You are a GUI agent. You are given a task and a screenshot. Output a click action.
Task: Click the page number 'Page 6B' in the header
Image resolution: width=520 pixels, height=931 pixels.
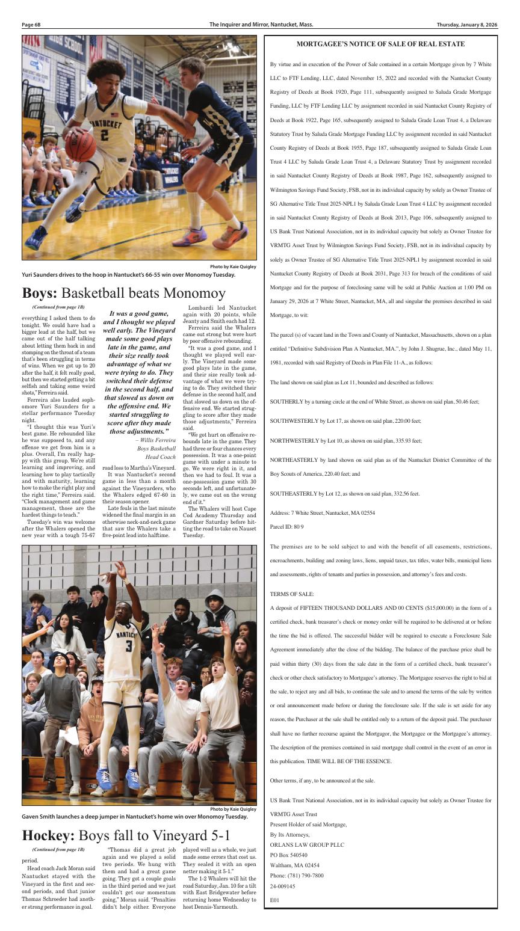[x=31, y=25]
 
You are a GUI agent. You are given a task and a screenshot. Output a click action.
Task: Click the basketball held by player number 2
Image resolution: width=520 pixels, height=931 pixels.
[x=79, y=146]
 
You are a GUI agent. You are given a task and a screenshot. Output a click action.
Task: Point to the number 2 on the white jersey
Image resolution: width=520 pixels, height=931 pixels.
[x=104, y=136]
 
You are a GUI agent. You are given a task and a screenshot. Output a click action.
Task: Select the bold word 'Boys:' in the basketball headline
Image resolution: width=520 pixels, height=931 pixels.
[x=40, y=293]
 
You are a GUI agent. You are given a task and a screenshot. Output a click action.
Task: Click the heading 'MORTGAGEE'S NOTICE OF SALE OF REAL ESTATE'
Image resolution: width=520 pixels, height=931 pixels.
[x=380, y=44]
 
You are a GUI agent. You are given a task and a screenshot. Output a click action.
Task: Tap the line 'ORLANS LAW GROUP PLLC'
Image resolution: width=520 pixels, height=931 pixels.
[x=307, y=844]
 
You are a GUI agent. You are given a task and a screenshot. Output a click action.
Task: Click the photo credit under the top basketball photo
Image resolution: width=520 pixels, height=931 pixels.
[x=233, y=266]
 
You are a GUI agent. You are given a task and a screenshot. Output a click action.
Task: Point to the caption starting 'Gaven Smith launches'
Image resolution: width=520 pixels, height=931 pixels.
[x=134, y=816]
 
